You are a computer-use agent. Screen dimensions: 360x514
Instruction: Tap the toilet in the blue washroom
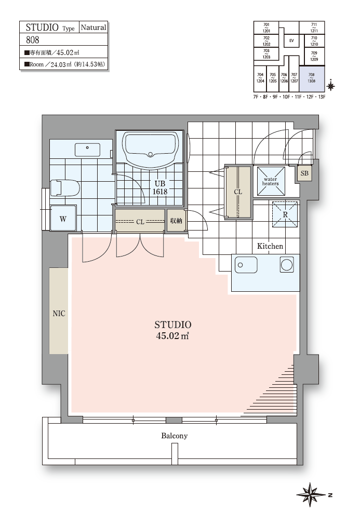pyautogui.click(x=65, y=188)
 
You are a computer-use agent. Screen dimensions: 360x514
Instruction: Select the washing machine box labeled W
pyautogui.click(x=63, y=218)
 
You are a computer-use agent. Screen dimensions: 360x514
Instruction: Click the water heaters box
pyautogui.click(x=271, y=181)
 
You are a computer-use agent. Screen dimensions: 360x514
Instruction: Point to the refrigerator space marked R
pyautogui.click(x=285, y=214)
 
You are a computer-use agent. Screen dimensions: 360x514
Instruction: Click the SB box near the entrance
pyautogui.click(x=304, y=173)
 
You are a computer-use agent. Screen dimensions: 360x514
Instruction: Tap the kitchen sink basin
pyautogui.click(x=246, y=265)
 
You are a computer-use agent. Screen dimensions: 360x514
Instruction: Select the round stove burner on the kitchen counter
pyautogui.click(x=287, y=265)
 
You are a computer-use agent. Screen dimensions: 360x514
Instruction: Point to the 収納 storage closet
pyautogui.click(x=176, y=221)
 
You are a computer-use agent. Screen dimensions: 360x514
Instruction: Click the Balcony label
pyautogui.click(x=175, y=436)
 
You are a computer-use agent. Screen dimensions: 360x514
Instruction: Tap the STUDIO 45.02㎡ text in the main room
pyautogui.click(x=173, y=330)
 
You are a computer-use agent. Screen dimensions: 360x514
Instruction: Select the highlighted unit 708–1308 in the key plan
pyautogui.click(x=312, y=79)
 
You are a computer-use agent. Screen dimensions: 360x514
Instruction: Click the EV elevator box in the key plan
pyautogui.click(x=291, y=40)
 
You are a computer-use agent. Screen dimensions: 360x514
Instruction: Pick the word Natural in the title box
pyautogui.click(x=94, y=28)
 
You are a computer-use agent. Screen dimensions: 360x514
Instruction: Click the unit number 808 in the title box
pyautogui.click(x=32, y=40)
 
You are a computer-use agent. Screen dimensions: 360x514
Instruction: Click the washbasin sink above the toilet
pyautogui.click(x=87, y=150)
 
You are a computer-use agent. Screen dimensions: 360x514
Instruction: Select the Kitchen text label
pyautogui.click(x=270, y=246)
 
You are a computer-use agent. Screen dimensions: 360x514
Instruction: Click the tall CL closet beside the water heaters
pyautogui.click(x=238, y=192)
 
